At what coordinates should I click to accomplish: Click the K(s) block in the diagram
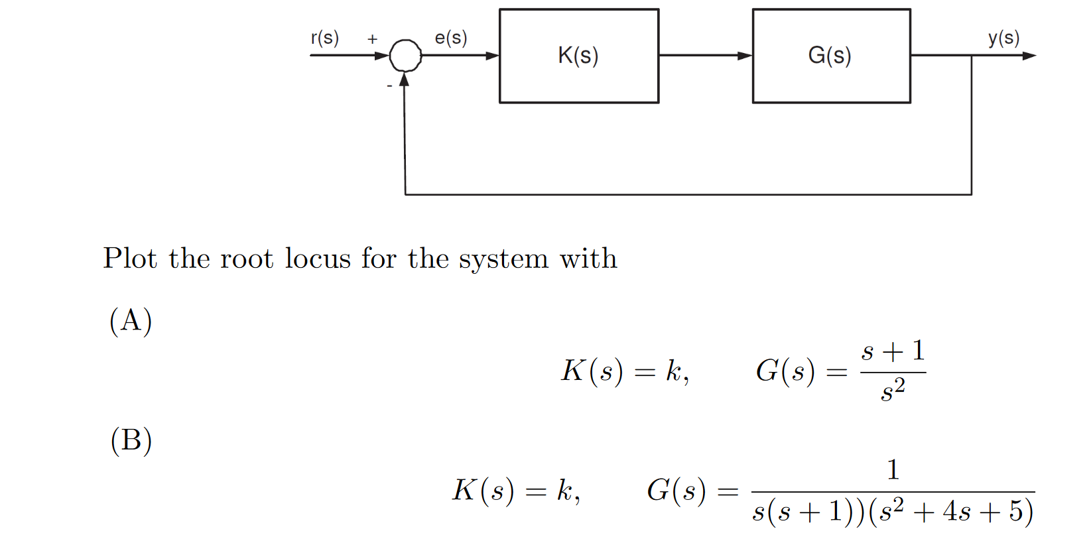tap(578, 56)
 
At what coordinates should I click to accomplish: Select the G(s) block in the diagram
tap(830, 56)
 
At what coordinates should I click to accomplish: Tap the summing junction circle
tap(405, 56)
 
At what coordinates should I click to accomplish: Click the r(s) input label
tap(324, 38)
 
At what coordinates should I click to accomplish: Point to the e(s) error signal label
tap(451, 38)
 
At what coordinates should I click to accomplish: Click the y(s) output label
tap(1003, 38)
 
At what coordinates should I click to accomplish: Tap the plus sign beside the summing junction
tap(373, 39)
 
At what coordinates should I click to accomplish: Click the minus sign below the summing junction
tap(389, 86)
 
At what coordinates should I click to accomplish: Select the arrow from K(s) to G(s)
tap(705, 56)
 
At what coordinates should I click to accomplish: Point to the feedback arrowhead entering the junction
tap(404, 80)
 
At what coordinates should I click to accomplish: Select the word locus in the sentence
tap(318, 259)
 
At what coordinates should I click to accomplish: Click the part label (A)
tap(131, 322)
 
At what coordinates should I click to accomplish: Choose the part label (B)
tap(131, 441)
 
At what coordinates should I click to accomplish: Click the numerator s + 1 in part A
tap(893, 351)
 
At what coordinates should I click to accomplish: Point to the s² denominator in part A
tap(893, 390)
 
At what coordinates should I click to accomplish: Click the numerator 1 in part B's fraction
tap(893, 469)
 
